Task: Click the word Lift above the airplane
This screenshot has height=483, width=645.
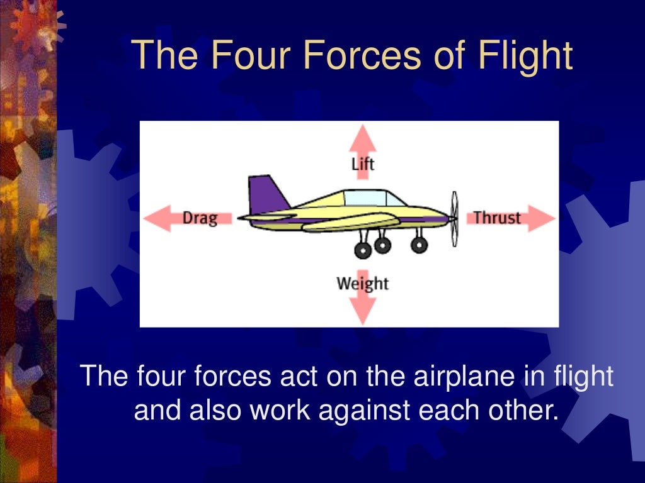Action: [363, 164]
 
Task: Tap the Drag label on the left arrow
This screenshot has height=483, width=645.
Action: [200, 218]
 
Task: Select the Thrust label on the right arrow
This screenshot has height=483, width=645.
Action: [497, 218]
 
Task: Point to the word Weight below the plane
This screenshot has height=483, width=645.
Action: [363, 283]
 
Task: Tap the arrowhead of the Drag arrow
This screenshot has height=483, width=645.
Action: [155, 218]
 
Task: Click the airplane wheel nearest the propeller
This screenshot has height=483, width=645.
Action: [419, 245]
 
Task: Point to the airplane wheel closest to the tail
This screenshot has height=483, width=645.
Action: [363, 250]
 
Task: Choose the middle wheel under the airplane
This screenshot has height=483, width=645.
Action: [382, 244]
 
